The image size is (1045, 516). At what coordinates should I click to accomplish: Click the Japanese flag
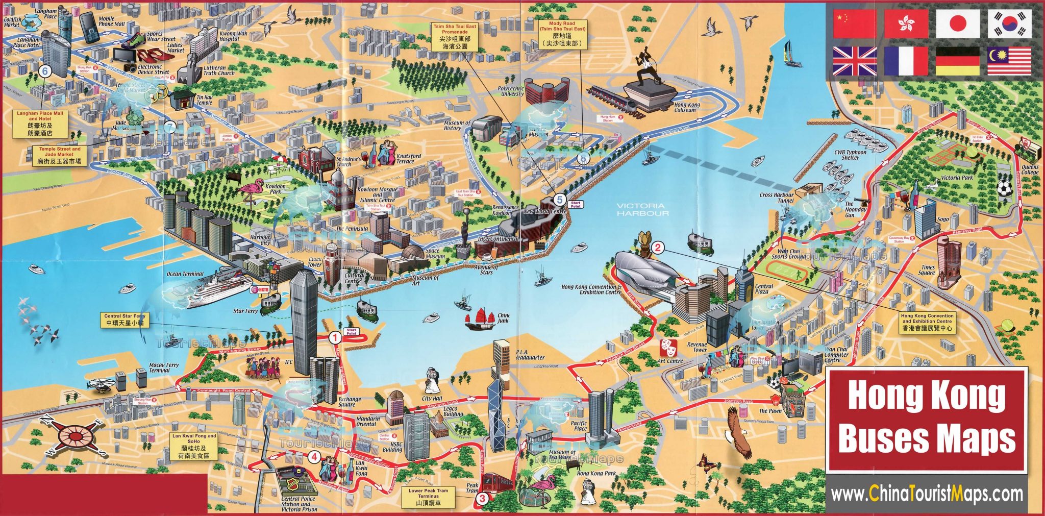point(958,24)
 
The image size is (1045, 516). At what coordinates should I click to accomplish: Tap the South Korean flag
point(1009,24)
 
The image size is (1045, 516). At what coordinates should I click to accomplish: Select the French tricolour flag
point(906,61)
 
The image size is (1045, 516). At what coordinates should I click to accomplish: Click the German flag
point(958,61)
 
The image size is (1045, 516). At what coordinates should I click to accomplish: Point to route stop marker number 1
point(335,337)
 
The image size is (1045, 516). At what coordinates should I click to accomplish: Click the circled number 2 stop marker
point(658,249)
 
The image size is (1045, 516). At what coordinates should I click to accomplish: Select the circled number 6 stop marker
point(45,71)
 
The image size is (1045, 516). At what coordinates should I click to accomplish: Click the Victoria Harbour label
point(642,209)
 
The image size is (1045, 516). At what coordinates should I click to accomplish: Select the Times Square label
point(928,270)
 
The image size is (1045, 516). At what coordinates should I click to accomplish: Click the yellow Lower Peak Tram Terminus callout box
point(428,497)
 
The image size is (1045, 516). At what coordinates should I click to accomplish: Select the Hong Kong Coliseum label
point(687,107)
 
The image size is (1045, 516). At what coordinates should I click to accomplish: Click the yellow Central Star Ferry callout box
point(125,320)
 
